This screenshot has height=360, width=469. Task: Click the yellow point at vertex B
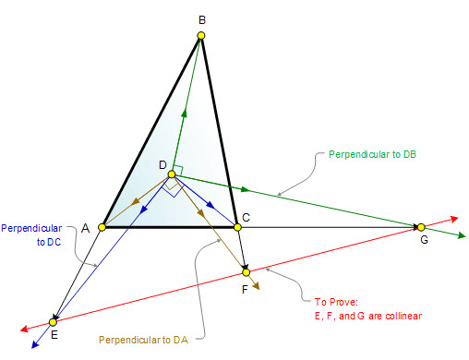pyautogui.click(x=201, y=35)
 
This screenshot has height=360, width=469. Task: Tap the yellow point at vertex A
pyautogui.click(x=102, y=227)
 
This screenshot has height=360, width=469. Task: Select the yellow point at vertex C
pyautogui.click(x=237, y=227)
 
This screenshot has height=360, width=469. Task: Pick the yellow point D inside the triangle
pyautogui.click(x=172, y=174)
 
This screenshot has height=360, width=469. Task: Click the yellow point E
pyautogui.click(x=53, y=322)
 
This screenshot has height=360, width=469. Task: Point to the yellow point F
pyautogui.click(x=246, y=272)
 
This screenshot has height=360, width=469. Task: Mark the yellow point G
pyautogui.click(x=421, y=227)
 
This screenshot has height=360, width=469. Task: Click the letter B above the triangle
pyautogui.click(x=202, y=20)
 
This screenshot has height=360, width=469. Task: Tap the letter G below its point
pyautogui.click(x=424, y=239)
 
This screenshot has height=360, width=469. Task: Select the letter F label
pyautogui.click(x=245, y=290)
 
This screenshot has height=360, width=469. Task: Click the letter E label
pyautogui.click(x=54, y=335)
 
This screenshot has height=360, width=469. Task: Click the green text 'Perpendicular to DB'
pyautogui.click(x=372, y=154)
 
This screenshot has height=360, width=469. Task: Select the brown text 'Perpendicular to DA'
pyautogui.click(x=143, y=340)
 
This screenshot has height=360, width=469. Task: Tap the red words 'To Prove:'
pyautogui.click(x=336, y=302)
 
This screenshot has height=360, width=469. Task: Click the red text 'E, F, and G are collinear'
pyautogui.click(x=368, y=316)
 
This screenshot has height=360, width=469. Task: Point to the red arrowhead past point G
pyautogui.click(x=455, y=219)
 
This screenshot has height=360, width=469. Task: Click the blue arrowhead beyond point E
pyautogui.click(x=35, y=344)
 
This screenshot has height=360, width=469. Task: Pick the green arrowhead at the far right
pyautogui.click(x=462, y=235)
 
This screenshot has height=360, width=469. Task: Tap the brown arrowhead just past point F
pyautogui.click(x=257, y=286)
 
